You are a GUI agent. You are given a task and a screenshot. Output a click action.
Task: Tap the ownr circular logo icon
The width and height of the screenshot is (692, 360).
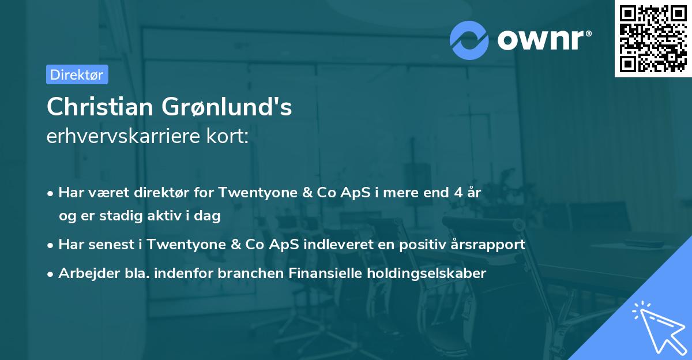pyautogui.click(x=469, y=40)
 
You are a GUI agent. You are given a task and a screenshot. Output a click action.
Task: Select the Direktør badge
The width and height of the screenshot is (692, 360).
pyautogui.click(x=77, y=74)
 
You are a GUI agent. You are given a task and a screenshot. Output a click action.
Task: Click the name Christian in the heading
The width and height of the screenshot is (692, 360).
pyautogui.click(x=100, y=107)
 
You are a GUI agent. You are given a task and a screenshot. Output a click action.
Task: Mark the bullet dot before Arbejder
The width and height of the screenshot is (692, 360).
pyautogui.click(x=51, y=273)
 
